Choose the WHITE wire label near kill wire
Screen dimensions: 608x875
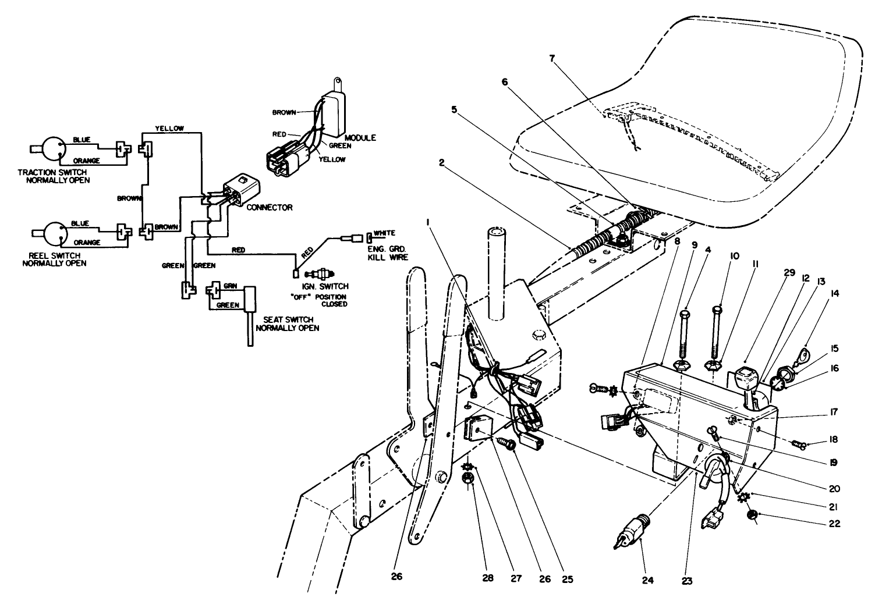pyautogui.click(x=384, y=233)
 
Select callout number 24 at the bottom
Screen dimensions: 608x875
pyautogui.click(x=649, y=579)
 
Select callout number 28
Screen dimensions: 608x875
pyautogui.click(x=488, y=578)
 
